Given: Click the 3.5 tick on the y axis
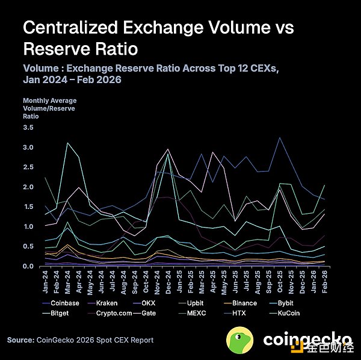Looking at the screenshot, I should (x=28, y=128).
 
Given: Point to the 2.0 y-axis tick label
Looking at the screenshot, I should (x=28, y=187).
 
